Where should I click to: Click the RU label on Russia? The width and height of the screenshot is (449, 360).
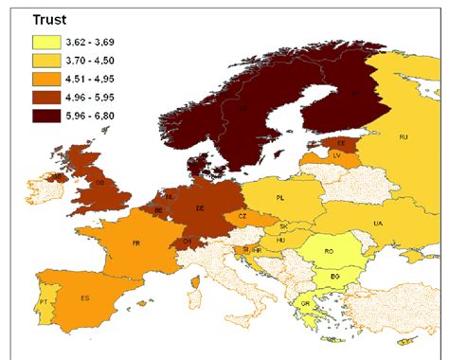click(404, 137)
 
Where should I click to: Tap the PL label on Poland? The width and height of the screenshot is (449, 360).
click(280, 198)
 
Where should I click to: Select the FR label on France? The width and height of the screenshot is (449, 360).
click(137, 243)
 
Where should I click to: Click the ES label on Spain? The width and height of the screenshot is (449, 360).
click(85, 298)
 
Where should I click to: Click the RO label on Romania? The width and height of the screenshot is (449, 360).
click(328, 252)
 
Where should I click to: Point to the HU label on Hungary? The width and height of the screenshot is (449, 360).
click(280, 241)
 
